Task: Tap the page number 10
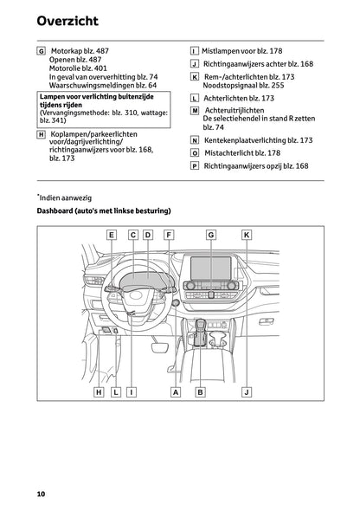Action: (41, 494)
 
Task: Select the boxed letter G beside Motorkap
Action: (42, 52)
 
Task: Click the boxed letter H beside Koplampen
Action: (42, 135)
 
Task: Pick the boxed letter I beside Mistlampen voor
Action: (194, 52)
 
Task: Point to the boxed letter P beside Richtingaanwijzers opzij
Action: (194, 165)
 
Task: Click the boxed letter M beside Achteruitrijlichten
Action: (194, 112)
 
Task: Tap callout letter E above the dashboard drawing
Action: (112, 234)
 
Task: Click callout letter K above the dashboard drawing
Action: (247, 234)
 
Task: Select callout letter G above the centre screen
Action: (211, 234)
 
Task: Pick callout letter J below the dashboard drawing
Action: (247, 392)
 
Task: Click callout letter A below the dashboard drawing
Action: (176, 392)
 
